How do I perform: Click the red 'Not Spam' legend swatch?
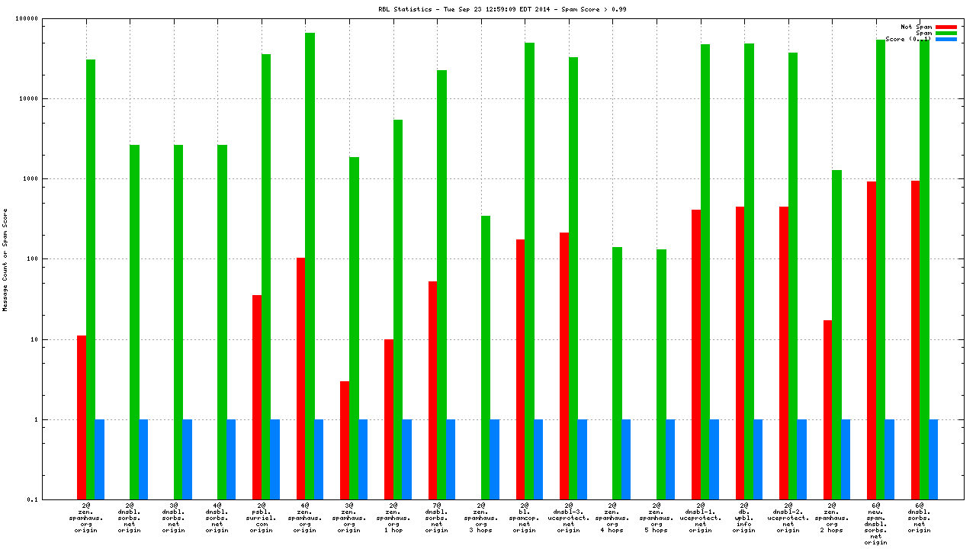(945, 27)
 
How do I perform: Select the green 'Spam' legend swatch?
(945, 33)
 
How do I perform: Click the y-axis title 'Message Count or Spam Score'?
(5, 259)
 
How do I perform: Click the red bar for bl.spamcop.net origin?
(520, 369)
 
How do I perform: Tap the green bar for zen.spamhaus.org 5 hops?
(661, 374)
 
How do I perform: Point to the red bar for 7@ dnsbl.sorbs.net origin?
(432, 390)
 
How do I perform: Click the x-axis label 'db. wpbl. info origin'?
(744, 518)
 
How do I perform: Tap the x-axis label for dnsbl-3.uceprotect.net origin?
(569, 518)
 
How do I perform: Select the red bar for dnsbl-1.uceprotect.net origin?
(696, 354)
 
